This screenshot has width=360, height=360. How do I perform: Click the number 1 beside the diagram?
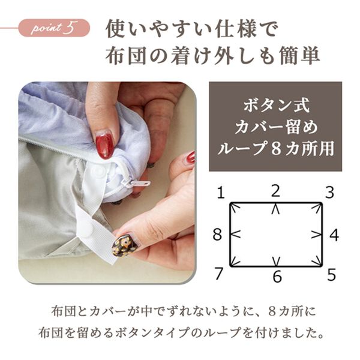(221, 193)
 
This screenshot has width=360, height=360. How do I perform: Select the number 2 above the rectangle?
(275, 191)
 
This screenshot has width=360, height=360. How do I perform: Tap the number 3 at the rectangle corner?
(329, 193)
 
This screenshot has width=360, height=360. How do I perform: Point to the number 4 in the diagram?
(334, 234)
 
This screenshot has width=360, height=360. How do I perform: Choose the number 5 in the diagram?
(331, 275)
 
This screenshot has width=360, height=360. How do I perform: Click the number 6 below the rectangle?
(277, 277)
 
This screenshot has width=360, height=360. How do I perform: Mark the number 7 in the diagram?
(220, 274)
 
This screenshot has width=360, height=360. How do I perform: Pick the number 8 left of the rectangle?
(217, 234)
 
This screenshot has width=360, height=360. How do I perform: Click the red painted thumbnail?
(104, 145)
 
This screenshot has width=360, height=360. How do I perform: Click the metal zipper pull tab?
(139, 182)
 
